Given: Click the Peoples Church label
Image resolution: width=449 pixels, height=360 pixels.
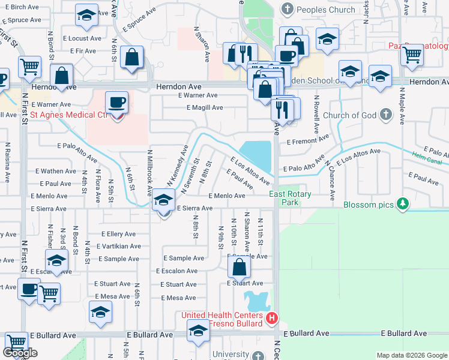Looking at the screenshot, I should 325,10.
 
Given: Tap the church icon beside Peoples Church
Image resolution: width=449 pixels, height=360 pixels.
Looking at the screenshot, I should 288,10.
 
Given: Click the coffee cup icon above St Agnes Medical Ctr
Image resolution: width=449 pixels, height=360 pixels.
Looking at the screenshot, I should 116,101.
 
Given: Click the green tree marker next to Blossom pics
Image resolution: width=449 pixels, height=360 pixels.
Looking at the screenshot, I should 403,205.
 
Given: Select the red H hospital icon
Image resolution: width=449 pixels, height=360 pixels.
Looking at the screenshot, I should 272,317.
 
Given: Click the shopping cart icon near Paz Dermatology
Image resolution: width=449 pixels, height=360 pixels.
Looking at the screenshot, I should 412,55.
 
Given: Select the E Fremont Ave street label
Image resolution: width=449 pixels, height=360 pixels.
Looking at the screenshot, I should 308,140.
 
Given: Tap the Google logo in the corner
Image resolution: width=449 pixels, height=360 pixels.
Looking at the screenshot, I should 20,353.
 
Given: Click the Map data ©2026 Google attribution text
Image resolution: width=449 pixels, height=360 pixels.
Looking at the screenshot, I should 411,355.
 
